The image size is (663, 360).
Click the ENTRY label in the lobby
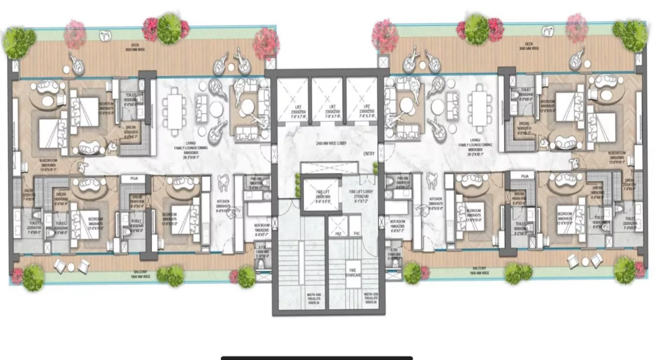click(369, 154)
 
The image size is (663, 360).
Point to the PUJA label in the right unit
click(525, 176)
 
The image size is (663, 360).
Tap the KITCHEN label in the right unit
click(435, 199)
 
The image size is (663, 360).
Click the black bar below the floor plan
click(317, 358)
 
